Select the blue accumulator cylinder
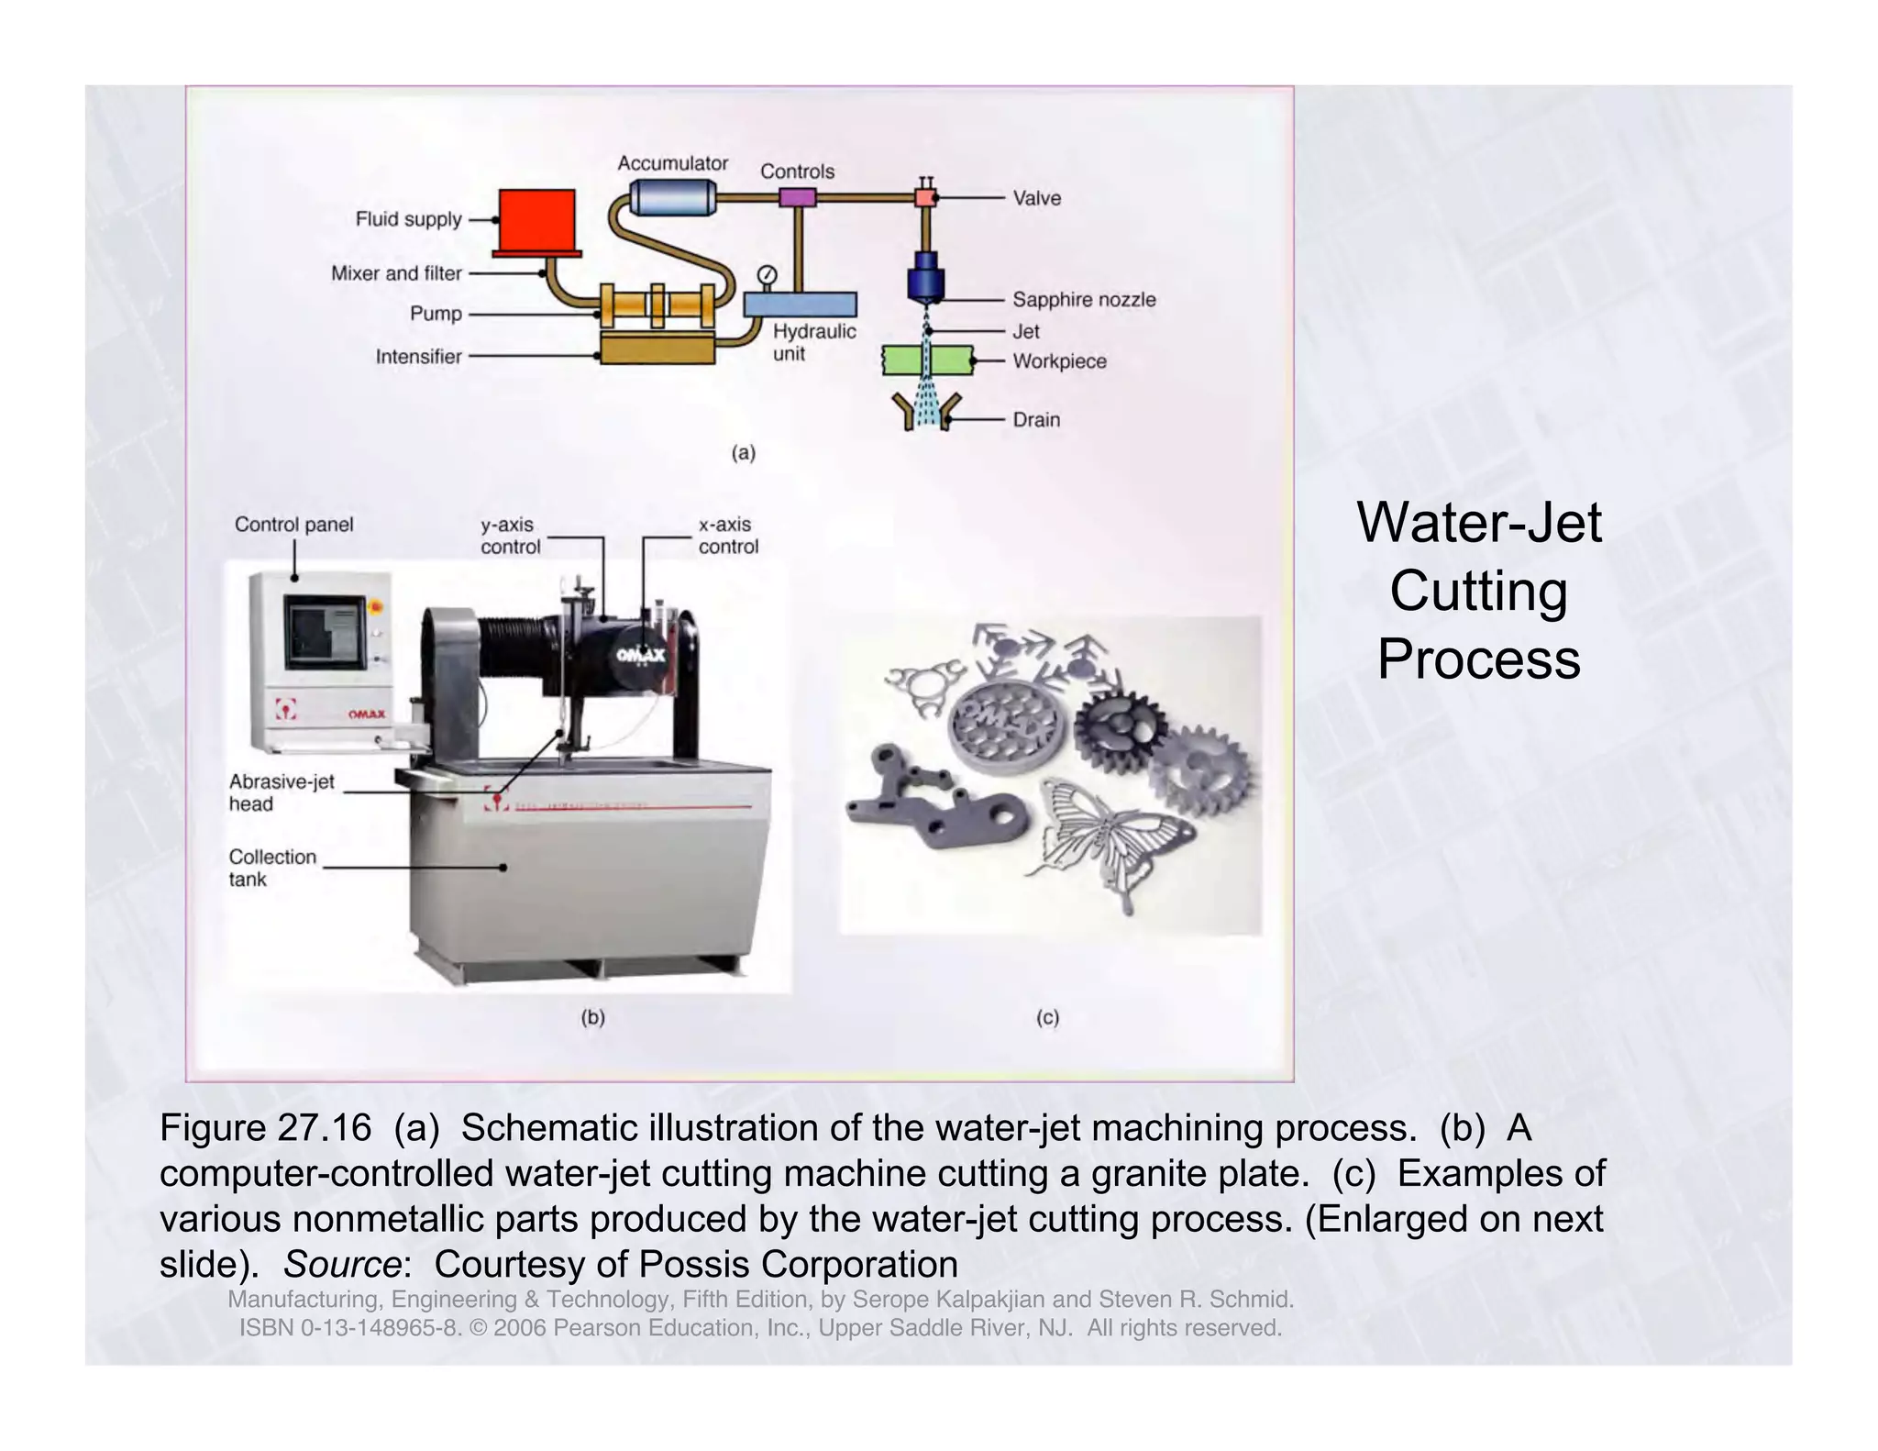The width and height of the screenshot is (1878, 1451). [673, 196]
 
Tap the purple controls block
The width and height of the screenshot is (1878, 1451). [797, 197]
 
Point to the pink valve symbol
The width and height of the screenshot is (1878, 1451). [925, 197]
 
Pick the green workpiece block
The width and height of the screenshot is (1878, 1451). [926, 360]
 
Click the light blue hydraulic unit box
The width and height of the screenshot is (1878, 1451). [800, 305]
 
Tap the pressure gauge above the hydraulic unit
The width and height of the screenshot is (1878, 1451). [768, 274]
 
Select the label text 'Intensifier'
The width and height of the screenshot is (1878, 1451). [418, 357]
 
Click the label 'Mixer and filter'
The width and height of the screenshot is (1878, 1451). [396, 273]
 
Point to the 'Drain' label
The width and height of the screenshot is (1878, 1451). [1036, 420]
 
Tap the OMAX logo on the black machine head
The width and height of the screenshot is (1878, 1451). [640, 654]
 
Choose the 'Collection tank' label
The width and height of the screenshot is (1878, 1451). [272, 868]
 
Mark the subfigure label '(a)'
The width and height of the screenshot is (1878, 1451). [743, 452]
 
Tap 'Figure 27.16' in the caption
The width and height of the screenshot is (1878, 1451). [265, 1127]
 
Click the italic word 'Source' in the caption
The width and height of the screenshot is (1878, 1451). [342, 1265]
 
